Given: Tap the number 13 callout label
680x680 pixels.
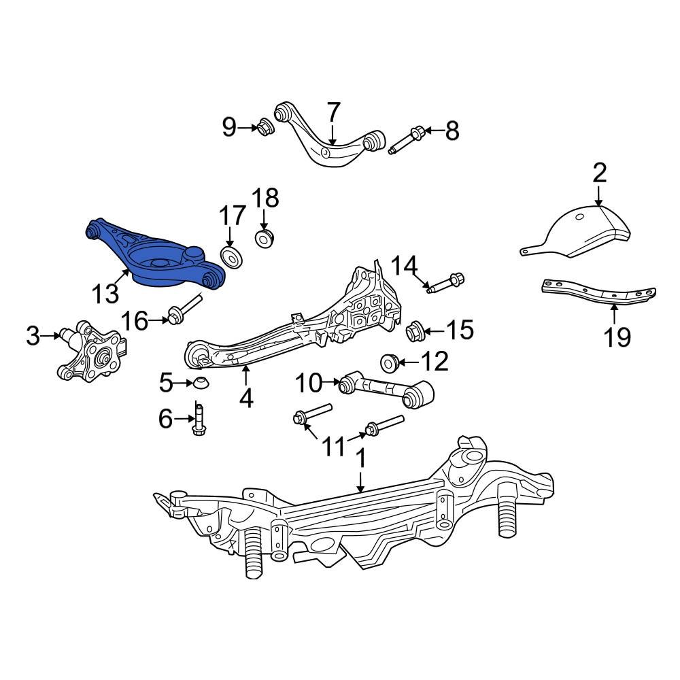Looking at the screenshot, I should [x=105, y=294].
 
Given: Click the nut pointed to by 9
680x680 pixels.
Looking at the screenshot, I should [x=265, y=126].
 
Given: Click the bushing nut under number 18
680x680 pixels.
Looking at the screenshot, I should [x=264, y=238].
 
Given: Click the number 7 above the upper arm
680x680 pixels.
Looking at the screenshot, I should [x=333, y=111].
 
